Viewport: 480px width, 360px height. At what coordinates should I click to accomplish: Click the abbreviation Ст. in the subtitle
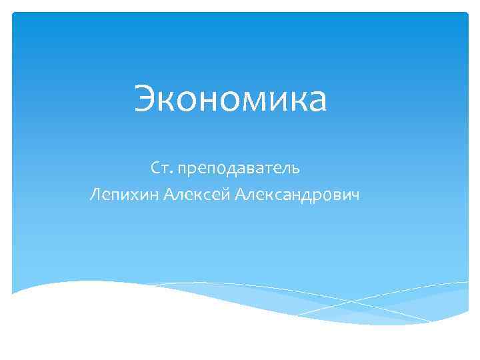[161, 166]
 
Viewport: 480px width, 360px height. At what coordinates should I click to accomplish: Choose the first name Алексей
[197, 194]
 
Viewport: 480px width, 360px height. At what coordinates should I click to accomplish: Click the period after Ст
[169, 171]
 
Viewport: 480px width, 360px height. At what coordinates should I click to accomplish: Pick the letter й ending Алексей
[225, 195]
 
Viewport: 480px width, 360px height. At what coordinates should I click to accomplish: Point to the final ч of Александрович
[355, 195]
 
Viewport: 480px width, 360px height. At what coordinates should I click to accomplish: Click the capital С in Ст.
[155, 166]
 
